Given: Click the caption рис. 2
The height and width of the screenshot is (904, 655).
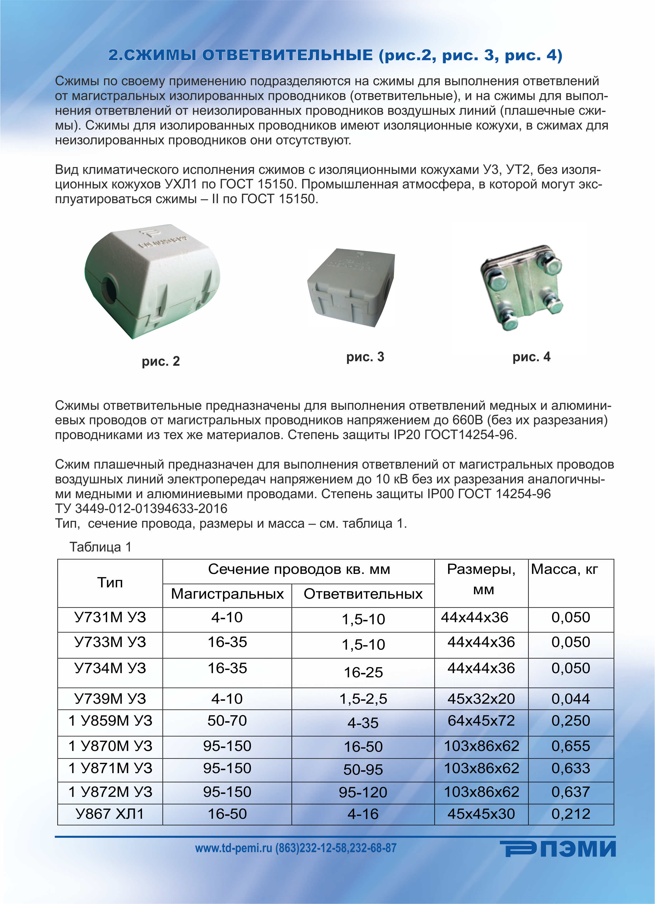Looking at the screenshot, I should click(x=161, y=361).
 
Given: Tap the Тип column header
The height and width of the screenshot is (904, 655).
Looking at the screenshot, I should click(x=110, y=583).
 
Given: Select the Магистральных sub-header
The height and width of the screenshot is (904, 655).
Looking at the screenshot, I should click(x=227, y=594).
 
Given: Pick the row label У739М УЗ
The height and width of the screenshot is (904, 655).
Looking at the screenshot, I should click(x=110, y=699).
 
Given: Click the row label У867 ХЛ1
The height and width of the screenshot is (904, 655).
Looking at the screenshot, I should click(x=110, y=814).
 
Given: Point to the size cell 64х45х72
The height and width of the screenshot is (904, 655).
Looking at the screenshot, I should click(x=481, y=721).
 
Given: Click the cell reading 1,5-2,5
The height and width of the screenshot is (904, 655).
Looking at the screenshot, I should click(x=363, y=699).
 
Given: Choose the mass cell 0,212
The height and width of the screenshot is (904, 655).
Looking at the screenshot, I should click(x=571, y=814).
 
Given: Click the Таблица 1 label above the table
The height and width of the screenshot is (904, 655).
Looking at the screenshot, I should click(x=101, y=547).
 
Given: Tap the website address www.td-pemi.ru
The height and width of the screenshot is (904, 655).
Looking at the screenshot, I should click(x=234, y=848).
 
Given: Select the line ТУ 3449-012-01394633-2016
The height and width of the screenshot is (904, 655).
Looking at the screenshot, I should click(x=141, y=509).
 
